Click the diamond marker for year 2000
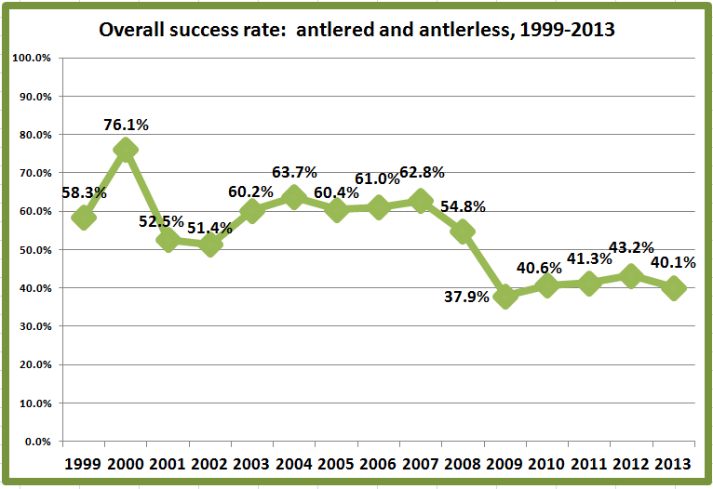coord(126,150)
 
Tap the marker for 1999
coord(84,218)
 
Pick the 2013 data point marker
coord(674,288)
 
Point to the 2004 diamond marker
coord(294,197)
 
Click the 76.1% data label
coord(126,125)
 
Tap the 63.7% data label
coord(294,172)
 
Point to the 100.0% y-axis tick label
coord(32,58)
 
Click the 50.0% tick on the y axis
coord(34,250)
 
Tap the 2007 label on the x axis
coord(421,463)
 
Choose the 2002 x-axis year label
coord(210,463)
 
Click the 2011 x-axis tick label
coord(589,463)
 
